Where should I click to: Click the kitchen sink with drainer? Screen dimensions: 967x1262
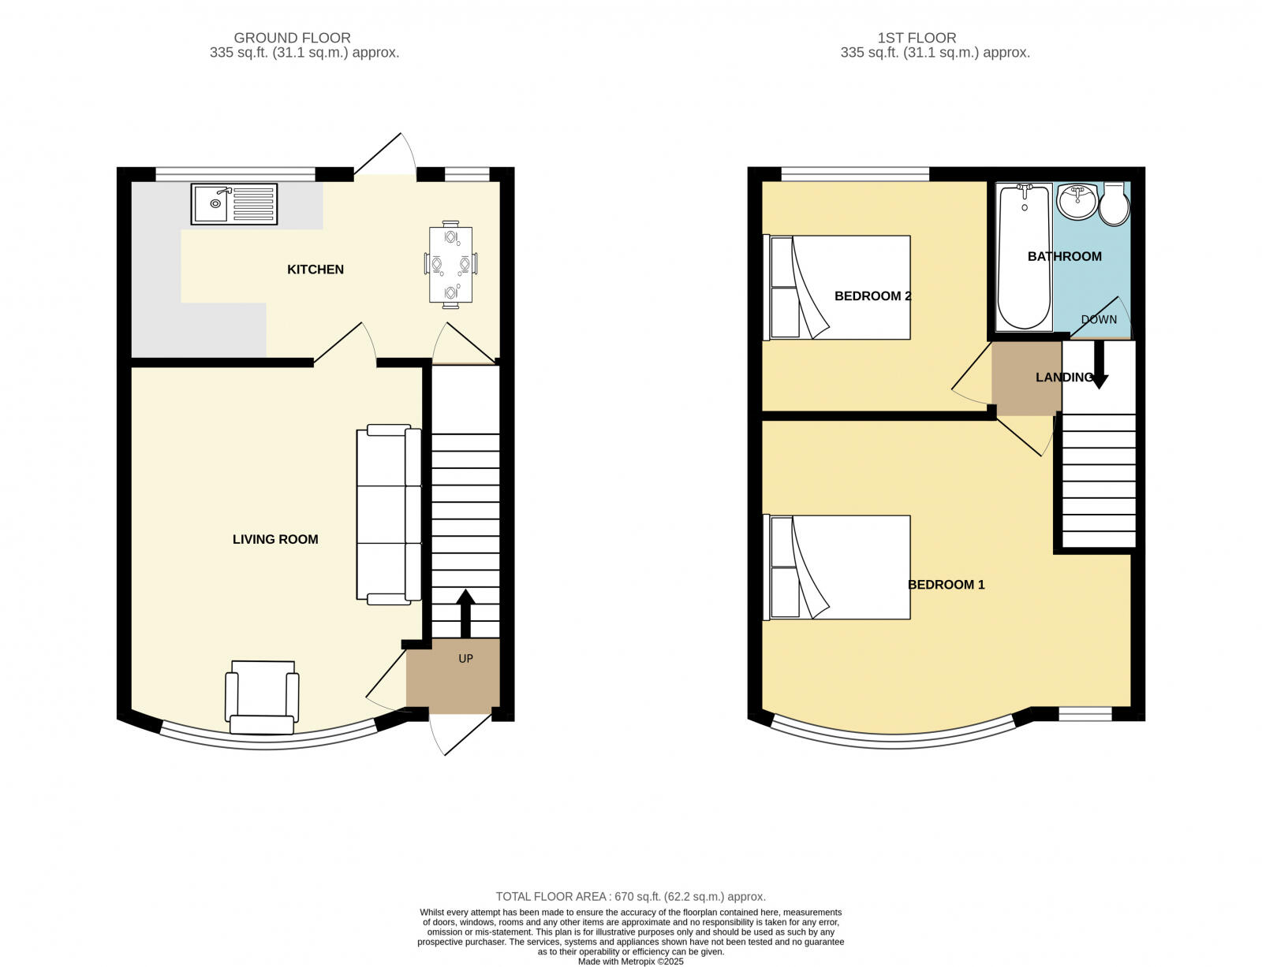pyautogui.click(x=233, y=203)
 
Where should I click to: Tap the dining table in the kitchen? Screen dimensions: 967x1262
pyautogui.click(x=451, y=264)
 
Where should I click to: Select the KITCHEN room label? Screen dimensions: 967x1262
pyautogui.click(x=315, y=270)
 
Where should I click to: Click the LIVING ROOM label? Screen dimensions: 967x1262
pyautogui.click(x=275, y=539)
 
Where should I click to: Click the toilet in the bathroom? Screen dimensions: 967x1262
pyautogui.click(x=1114, y=205)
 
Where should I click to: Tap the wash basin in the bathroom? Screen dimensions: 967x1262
pyautogui.click(x=1076, y=202)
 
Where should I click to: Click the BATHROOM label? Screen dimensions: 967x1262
pyautogui.click(x=1064, y=256)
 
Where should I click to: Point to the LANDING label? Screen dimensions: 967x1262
pyautogui.click(x=1063, y=378)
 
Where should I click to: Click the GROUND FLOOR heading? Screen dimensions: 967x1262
pyautogui.click(x=292, y=38)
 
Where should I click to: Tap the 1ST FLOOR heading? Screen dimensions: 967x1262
pyautogui.click(x=916, y=38)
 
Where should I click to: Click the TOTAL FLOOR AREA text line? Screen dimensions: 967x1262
pyautogui.click(x=630, y=896)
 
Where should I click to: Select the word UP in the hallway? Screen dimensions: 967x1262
pyautogui.click(x=465, y=658)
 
